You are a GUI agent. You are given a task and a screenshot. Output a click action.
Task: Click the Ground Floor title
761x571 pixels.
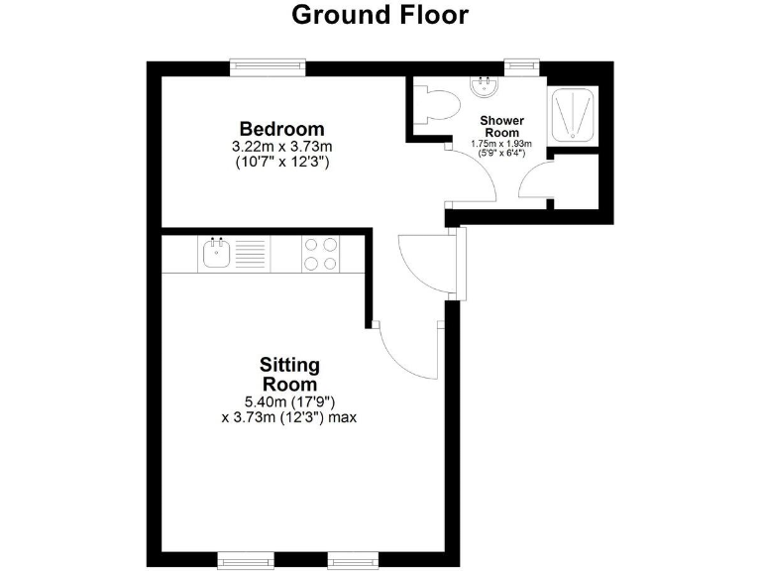click(380, 16)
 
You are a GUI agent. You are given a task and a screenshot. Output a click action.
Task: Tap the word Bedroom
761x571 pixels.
click(281, 129)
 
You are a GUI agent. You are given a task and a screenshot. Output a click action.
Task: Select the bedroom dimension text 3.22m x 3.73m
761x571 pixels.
click(281, 147)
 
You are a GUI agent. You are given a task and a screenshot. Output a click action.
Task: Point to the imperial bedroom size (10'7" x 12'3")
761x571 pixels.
click(281, 161)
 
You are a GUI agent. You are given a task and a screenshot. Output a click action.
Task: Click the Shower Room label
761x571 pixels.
click(501, 127)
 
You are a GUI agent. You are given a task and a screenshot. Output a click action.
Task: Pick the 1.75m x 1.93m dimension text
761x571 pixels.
click(501, 144)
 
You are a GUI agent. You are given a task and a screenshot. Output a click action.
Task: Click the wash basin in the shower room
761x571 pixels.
click(486, 88)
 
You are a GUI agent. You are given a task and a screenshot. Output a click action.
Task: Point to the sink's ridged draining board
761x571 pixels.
click(252, 254)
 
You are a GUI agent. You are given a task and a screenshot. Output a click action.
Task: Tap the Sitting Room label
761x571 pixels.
click(289, 375)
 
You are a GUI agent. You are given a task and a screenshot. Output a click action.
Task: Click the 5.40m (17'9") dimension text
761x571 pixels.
click(289, 401)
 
